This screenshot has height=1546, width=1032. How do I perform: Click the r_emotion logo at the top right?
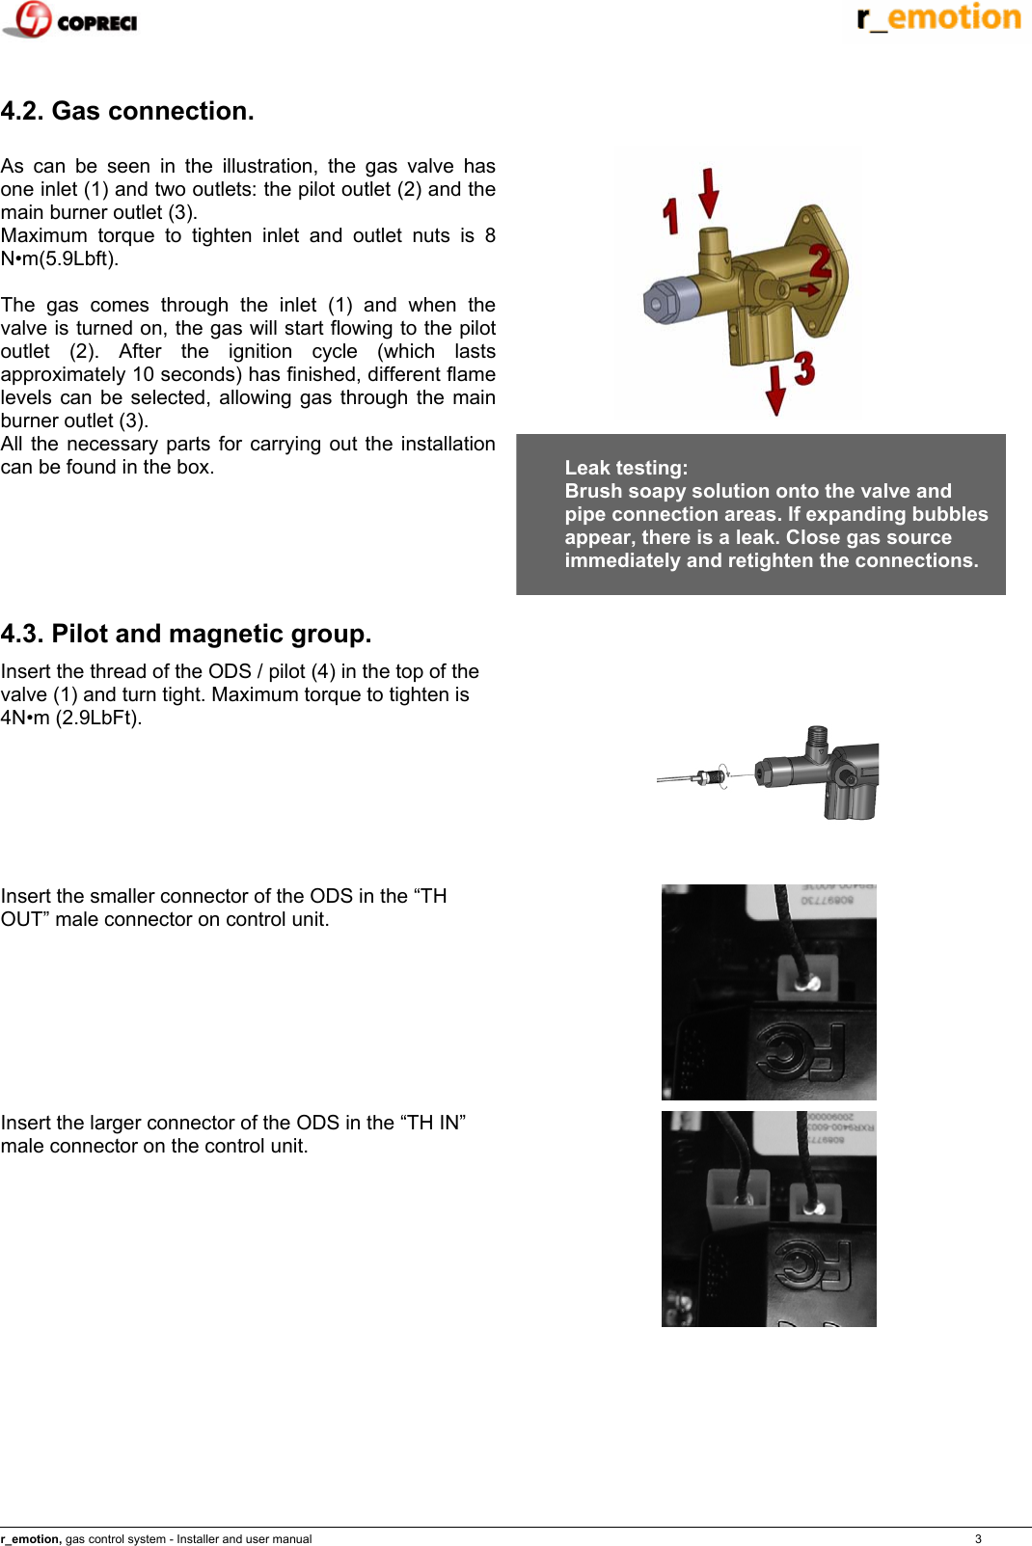click(x=938, y=17)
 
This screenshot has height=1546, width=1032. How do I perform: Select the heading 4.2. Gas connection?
click(x=127, y=111)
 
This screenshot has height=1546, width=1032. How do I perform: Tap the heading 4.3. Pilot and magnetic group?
click(x=186, y=634)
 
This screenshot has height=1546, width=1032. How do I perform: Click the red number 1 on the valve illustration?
click(x=671, y=216)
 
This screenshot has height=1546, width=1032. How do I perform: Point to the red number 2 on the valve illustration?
click(x=820, y=260)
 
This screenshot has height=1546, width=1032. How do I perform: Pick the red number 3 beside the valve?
click(x=804, y=368)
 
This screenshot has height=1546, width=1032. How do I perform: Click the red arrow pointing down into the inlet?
click(x=709, y=192)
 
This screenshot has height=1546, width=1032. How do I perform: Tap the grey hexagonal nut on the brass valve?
click(x=661, y=301)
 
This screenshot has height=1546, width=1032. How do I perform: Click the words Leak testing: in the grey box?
click(x=626, y=468)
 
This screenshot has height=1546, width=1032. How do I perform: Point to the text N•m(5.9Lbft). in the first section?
click(x=60, y=258)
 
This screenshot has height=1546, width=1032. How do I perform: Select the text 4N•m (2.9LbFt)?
click(x=71, y=718)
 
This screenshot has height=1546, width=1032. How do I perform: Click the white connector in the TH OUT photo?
click(x=808, y=980)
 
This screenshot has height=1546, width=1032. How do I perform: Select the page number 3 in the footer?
click(x=978, y=1539)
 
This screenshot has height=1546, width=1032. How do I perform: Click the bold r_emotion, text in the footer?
click(x=31, y=1539)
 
